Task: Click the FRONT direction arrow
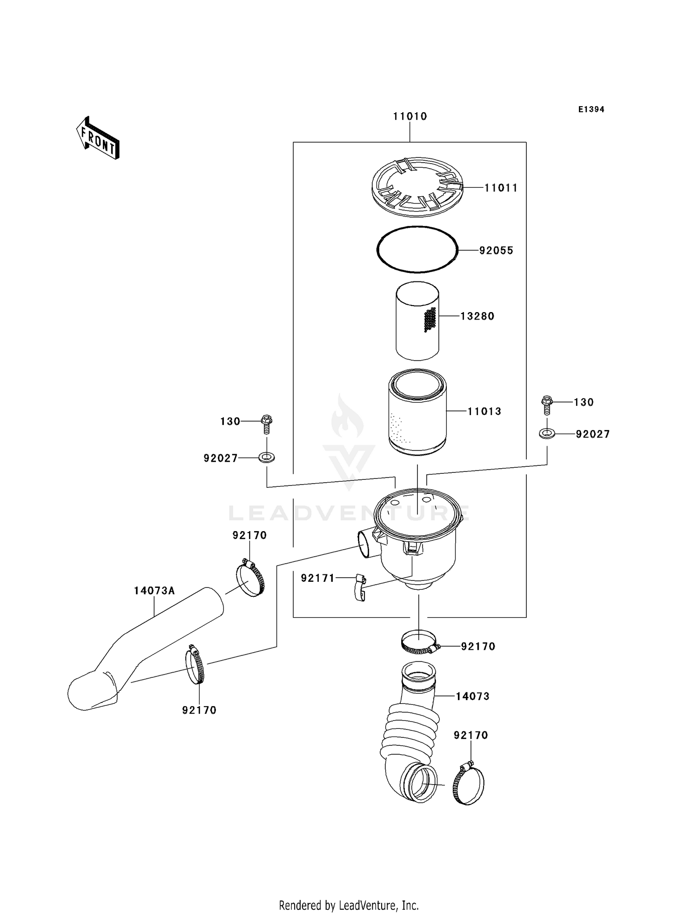coord(98,138)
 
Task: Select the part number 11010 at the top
coord(409,116)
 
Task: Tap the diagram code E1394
coord(591,109)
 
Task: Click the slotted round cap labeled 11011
coord(417,187)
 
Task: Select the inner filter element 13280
coord(417,321)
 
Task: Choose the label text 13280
coord(477,316)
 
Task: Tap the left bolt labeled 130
coord(267,421)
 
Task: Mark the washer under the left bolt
coord(267,457)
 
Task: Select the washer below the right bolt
coord(547,434)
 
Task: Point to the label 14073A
coord(154,591)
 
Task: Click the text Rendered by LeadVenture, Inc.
coord(349,905)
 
